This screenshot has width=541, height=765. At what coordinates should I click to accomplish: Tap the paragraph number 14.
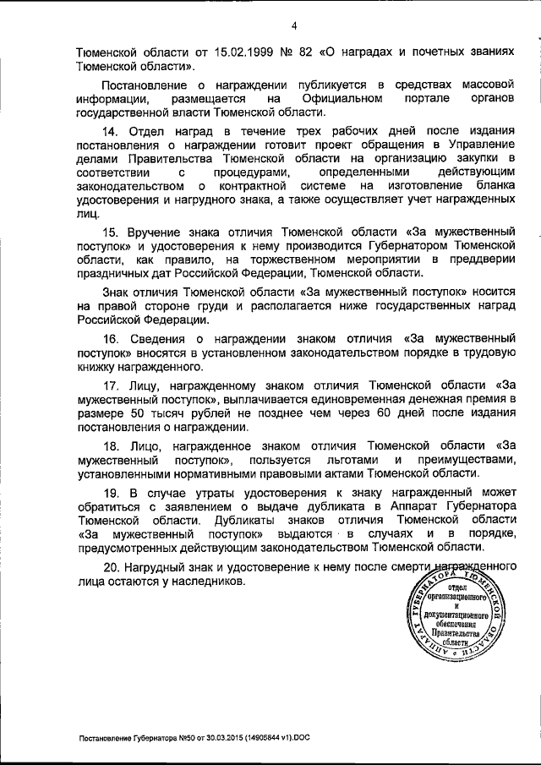109,132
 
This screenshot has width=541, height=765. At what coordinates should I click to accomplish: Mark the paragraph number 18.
109,445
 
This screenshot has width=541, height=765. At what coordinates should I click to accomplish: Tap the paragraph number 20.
110,568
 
